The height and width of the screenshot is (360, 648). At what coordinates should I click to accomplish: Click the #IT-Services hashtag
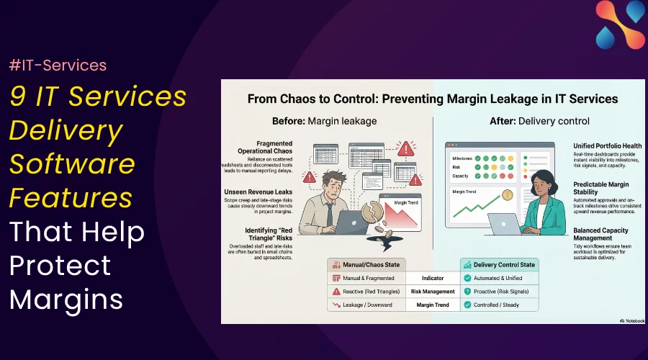[58, 66]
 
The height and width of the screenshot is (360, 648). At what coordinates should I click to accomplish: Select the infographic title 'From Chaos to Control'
[433, 99]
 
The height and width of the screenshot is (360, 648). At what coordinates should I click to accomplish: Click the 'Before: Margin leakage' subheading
[324, 120]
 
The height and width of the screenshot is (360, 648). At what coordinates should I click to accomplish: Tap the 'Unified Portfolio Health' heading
[607, 146]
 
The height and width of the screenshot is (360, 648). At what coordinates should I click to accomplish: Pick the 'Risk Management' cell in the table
[433, 292]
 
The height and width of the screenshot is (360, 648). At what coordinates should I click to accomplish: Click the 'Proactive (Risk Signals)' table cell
[501, 292]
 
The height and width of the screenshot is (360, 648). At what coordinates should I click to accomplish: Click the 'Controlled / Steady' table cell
[496, 305]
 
